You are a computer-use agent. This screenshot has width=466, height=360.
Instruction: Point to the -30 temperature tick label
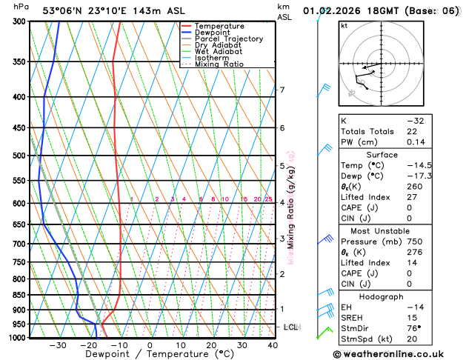coord(57,345)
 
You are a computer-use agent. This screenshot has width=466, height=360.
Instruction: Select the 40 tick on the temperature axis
coord(272,345)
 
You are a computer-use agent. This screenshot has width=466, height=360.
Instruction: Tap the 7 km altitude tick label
coord(282,90)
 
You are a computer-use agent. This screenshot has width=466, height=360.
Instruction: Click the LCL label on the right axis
coord(291,327)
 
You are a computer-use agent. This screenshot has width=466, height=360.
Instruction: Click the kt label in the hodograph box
coord(344,25)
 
